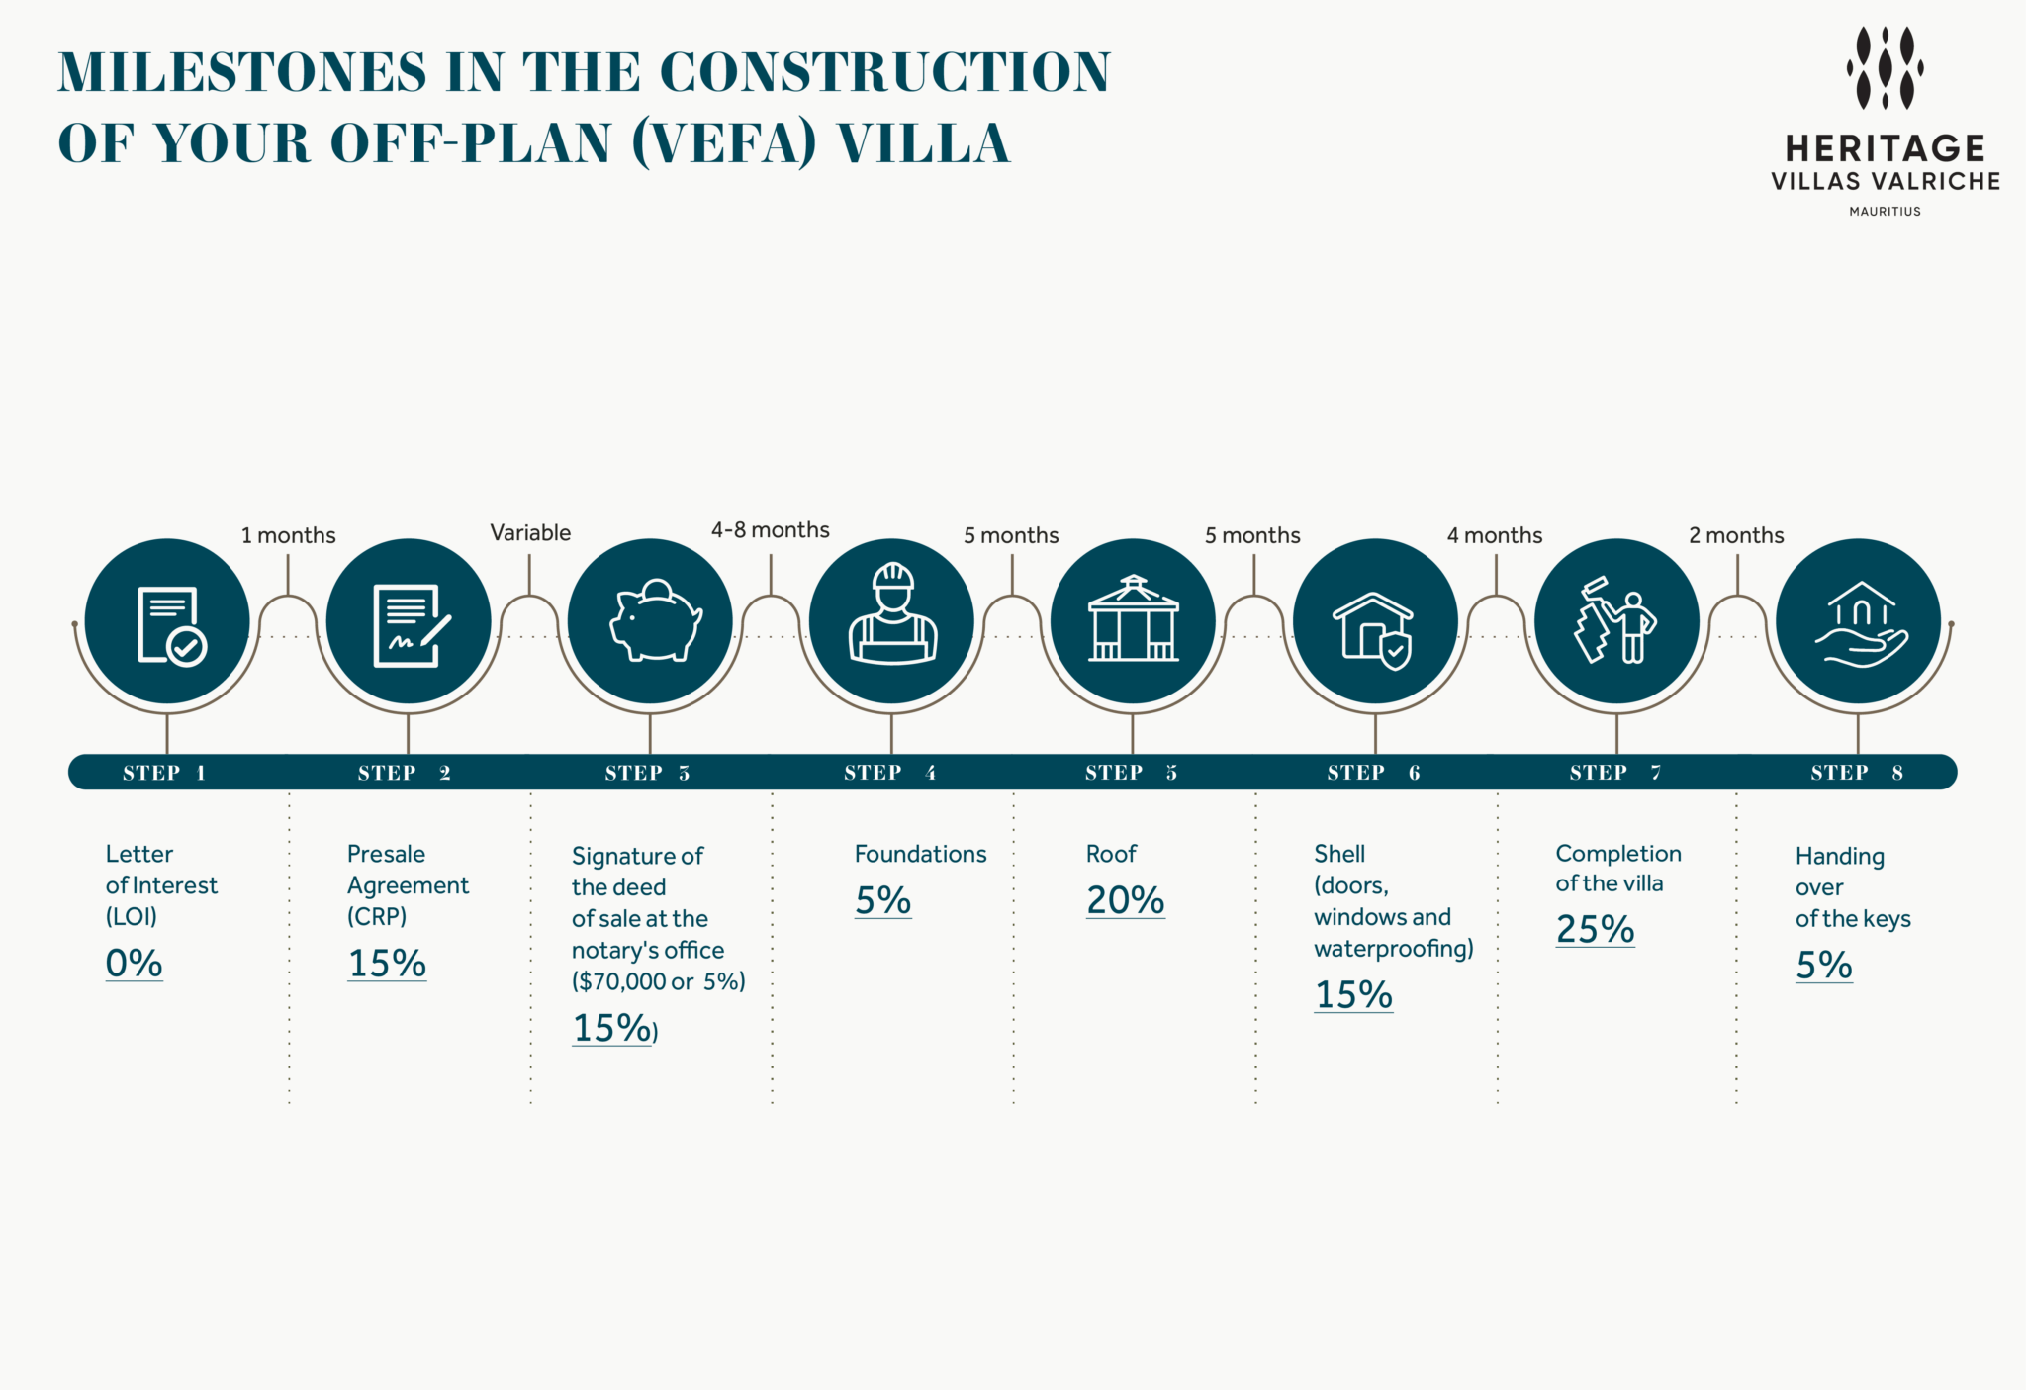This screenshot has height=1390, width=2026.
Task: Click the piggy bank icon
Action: click(x=653, y=621)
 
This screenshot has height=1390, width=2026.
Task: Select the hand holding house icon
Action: click(x=1860, y=623)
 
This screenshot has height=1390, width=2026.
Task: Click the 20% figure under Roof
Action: click(x=1125, y=900)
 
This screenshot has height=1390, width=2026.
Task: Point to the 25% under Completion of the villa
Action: click(x=1595, y=929)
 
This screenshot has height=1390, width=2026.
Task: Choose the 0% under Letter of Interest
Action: click(x=134, y=963)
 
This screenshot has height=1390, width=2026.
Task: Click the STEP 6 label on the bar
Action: click(x=1373, y=773)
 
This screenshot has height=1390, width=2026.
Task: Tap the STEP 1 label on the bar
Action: click(x=164, y=773)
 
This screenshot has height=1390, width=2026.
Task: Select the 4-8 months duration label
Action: click(x=770, y=530)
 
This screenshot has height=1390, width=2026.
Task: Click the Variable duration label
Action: click(x=530, y=533)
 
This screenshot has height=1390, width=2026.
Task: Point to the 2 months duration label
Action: click(x=1736, y=535)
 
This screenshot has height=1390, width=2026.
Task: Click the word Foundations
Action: click(x=920, y=854)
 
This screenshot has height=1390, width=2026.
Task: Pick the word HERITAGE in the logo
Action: click(x=1885, y=148)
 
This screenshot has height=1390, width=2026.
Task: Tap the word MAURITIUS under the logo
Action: click(x=1885, y=211)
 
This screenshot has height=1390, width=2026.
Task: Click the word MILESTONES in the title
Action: click(x=242, y=72)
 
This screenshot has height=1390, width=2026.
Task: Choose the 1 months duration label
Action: click(x=288, y=535)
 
